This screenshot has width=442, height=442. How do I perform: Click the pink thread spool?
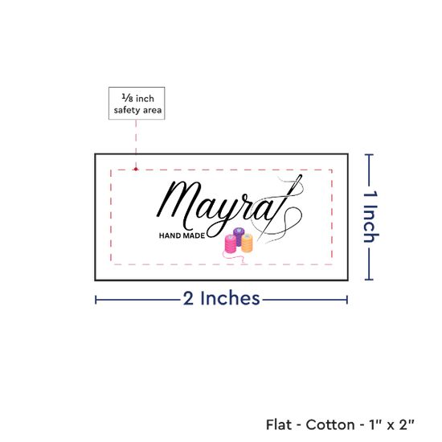(x=231, y=244)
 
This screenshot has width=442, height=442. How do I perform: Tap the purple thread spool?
(x=239, y=235)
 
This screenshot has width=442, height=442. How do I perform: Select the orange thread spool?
(x=247, y=243)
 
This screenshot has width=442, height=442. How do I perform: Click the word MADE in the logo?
(x=194, y=235)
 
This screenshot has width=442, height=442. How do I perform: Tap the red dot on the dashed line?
(x=136, y=169)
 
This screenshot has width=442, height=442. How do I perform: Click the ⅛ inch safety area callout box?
(x=137, y=103)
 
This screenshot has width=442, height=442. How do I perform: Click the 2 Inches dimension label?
(x=221, y=298)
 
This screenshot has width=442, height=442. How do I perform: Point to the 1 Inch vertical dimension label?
(x=370, y=216)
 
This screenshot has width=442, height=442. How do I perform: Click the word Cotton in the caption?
(x=330, y=424)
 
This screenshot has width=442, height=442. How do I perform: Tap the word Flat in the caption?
(x=279, y=424)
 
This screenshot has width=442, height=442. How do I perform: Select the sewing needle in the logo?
(x=279, y=208)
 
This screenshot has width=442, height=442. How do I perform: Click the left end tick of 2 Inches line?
(x=96, y=300)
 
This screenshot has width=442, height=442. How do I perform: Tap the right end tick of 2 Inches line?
(x=347, y=300)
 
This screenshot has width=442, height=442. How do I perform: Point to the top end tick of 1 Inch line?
(x=369, y=154)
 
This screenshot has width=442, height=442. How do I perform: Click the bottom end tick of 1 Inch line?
(x=369, y=280)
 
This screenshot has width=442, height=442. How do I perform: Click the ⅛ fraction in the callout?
(x=127, y=98)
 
